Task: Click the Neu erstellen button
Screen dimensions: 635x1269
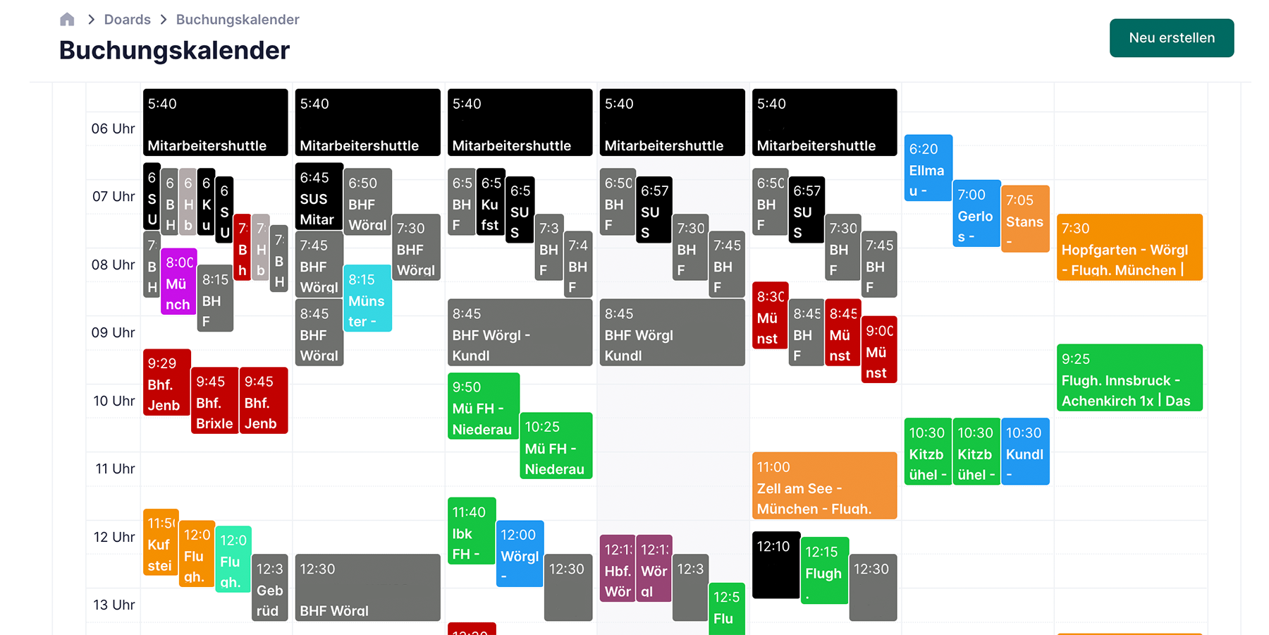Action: pyautogui.click(x=1171, y=38)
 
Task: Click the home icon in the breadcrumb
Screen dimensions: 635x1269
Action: pyautogui.click(x=67, y=20)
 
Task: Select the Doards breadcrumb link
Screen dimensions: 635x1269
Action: pyautogui.click(x=127, y=20)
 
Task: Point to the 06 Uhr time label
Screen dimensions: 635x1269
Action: pyautogui.click(x=113, y=128)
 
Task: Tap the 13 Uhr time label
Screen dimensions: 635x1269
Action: pyautogui.click(x=114, y=605)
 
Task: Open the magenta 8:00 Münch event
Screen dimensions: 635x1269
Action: pyautogui.click(x=178, y=282)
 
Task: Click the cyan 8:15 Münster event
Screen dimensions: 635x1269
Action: pyautogui.click(x=367, y=299)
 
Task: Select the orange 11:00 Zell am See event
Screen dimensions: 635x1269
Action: pyautogui.click(x=823, y=487)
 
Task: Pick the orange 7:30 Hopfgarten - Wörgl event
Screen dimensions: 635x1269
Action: pyautogui.click(x=1129, y=248)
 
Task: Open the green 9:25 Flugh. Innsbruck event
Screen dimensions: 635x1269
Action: pyautogui.click(x=1129, y=377)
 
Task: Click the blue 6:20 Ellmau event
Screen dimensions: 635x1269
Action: pyautogui.click(x=927, y=168)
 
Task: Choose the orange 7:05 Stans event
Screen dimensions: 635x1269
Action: pyautogui.click(x=1024, y=219)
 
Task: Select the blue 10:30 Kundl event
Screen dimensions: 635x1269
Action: pyautogui.click(x=1024, y=452)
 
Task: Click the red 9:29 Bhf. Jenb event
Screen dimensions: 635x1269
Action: pyautogui.click(x=166, y=382)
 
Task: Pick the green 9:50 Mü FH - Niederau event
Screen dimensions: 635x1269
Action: pyautogui.click(x=483, y=406)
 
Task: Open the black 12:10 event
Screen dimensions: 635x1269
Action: pyautogui.click(x=775, y=565)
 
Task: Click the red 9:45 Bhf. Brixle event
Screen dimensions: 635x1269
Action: pyautogui.click(x=214, y=401)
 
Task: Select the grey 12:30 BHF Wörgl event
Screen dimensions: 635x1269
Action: pyautogui.click(x=367, y=588)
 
